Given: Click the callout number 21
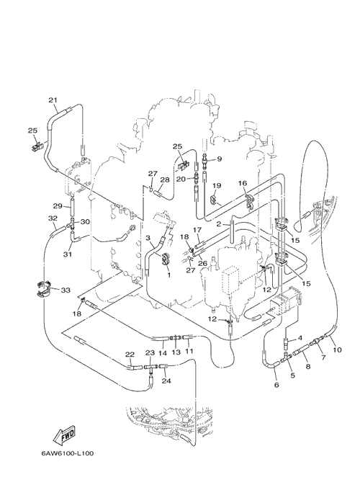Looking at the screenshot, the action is pyautogui.click(x=53, y=100).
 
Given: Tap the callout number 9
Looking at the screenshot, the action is pyautogui.click(x=220, y=159).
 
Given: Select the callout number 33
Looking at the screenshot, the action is pyautogui.click(x=66, y=290).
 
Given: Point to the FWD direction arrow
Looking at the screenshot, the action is pyautogui.click(x=65, y=435).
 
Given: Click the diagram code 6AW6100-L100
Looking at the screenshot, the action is pyautogui.click(x=67, y=453).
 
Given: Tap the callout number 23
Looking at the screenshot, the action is pyautogui.click(x=150, y=353).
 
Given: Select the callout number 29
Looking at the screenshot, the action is pyautogui.click(x=57, y=206).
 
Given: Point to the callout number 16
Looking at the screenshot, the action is pyautogui.click(x=243, y=183).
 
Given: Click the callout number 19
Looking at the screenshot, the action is pyautogui.click(x=217, y=185).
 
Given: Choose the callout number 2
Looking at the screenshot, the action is pyautogui.click(x=219, y=224).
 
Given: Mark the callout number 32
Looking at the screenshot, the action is pyautogui.click(x=53, y=218).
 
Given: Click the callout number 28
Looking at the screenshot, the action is pyautogui.click(x=165, y=180).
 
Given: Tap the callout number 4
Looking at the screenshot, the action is pyautogui.click(x=300, y=337).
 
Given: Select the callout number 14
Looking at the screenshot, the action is pyautogui.click(x=163, y=353).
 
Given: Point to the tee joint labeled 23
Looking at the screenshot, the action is pyautogui.click(x=151, y=367).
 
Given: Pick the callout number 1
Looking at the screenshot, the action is pyautogui.click(x=168, y=275).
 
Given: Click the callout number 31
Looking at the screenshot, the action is pyautogui.click(x=67, y=254).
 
